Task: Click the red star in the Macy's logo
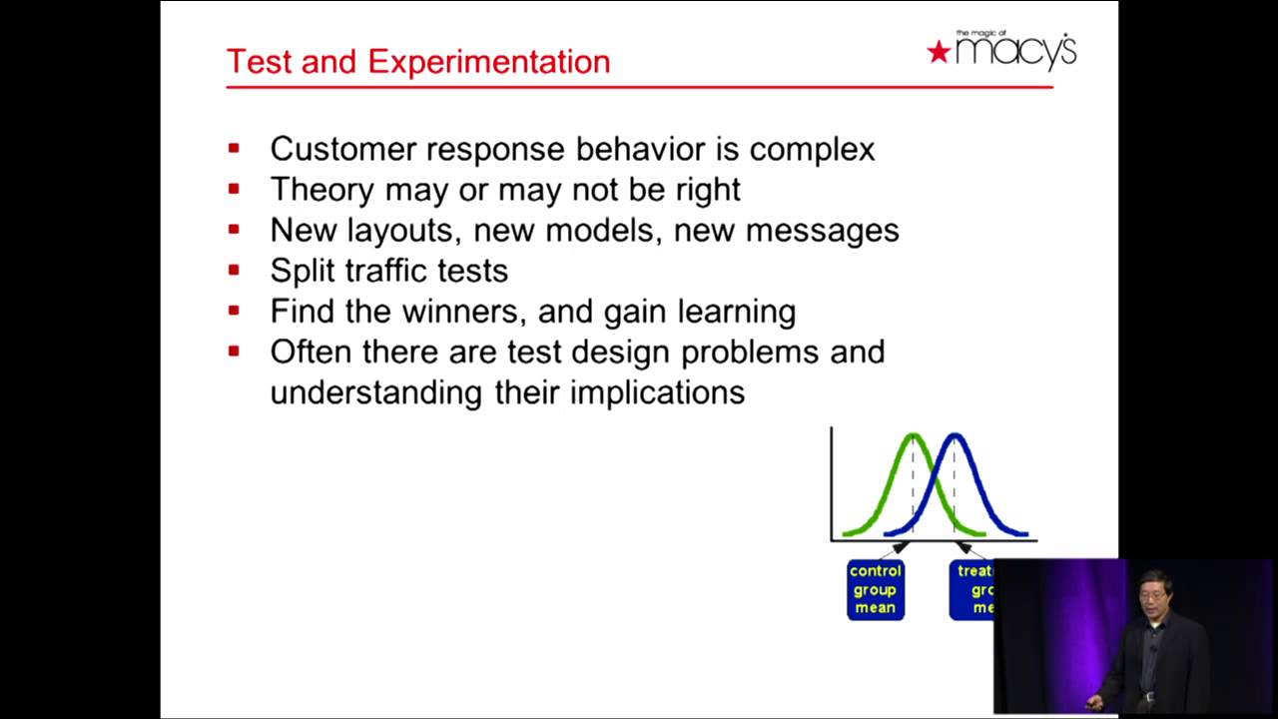click(938, 52)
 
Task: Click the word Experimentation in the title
click(488, 62)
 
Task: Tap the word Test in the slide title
click(259, 62)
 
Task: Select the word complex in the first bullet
click(812, 150)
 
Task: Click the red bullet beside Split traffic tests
click(234, 270)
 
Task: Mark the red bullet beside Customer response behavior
click(234, 149)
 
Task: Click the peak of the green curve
click(913, 435)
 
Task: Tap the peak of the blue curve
click(954, 435)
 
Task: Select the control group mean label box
click(876, 589)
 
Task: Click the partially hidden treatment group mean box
click(971, 589)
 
